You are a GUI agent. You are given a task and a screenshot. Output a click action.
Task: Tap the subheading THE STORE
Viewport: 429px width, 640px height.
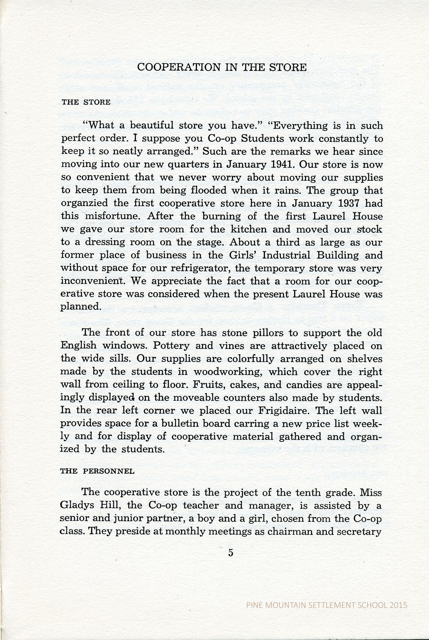[86, 102]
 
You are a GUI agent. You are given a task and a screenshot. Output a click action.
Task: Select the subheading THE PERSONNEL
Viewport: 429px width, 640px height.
[97, 471]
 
